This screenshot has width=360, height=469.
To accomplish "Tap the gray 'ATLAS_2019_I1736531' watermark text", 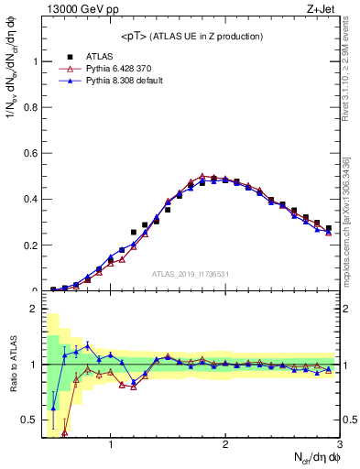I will pyautogui.click(x=191, y=274).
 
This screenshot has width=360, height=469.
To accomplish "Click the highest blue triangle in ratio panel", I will pyautogui.click(x=87, y=344).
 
